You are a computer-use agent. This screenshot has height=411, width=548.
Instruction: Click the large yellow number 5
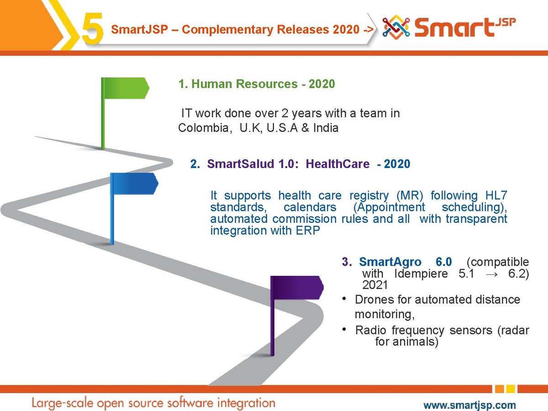point(92,29)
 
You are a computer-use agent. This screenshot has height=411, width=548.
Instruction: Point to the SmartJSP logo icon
point(396,27)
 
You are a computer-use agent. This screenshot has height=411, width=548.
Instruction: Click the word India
point(326,128)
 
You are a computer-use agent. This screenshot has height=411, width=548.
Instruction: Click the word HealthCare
point(337,164)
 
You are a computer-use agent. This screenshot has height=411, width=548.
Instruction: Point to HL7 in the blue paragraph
point(496,195)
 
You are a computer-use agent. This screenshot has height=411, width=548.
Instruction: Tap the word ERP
point(308,230)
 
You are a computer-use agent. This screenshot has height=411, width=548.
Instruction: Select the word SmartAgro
point(390,262)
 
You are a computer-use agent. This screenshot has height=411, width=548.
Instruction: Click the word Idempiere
point(421,274)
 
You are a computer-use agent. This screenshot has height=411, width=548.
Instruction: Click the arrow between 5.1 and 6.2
point(491,274)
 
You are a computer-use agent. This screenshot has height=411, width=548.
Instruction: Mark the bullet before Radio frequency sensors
point(344,329)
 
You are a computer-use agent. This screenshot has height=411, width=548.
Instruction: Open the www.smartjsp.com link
point(469,405)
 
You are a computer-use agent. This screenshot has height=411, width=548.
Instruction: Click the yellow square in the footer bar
point(511,389)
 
